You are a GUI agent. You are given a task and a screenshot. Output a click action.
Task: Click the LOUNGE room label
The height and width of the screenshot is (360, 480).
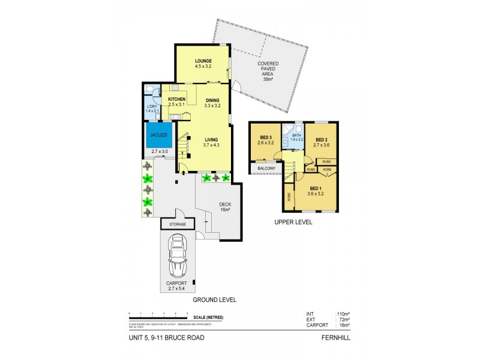click(201, 62)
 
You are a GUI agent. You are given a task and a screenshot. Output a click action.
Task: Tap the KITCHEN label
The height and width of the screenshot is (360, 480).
click(176, 100)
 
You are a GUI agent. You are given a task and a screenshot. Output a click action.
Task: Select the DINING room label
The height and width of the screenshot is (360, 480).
click(212, 100)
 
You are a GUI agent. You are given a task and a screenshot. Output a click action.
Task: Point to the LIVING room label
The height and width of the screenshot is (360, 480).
click(210, 139)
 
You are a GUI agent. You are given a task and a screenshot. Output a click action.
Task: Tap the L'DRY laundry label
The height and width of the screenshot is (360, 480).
click(152, 106)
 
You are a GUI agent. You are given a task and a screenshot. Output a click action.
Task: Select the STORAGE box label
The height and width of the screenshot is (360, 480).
click(178, 224)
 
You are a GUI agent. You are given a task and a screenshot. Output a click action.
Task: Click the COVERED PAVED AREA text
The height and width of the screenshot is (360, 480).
click(267, 69)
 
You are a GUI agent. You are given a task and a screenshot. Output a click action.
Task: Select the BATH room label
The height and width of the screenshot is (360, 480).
click(296, 136)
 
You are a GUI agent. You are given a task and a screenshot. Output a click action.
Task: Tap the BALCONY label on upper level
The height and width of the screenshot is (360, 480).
click(266, 169)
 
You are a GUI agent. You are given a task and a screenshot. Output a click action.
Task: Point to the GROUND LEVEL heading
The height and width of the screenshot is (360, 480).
click(214, 299)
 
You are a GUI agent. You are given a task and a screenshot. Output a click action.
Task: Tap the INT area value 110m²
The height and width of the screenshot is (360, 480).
click(343, 314)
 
